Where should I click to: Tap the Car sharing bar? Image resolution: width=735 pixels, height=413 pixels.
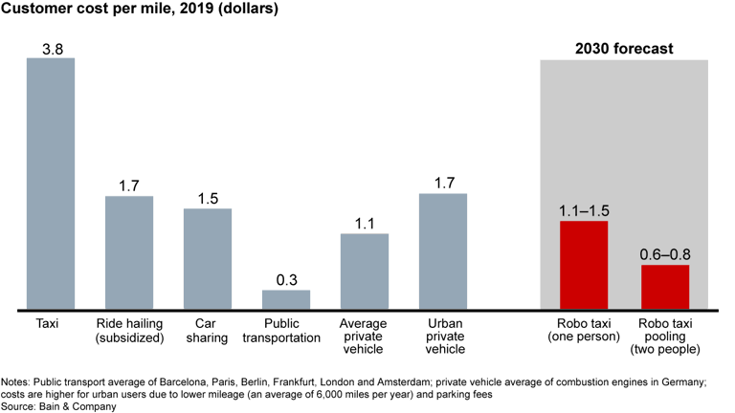(208, 259)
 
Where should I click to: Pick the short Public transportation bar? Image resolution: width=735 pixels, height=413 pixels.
(286, 299)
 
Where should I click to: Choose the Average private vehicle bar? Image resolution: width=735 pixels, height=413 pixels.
(365, 272)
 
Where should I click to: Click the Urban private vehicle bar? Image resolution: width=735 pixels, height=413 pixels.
(443, 251)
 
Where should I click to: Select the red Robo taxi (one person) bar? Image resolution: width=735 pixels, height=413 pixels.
(584, 265)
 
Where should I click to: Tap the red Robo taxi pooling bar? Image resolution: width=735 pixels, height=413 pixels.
(665, 287)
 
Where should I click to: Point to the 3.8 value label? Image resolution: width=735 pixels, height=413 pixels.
(51, 48)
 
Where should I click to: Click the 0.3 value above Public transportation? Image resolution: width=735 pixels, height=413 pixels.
(286, 280)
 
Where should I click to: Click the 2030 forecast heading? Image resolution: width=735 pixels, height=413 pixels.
(623, 48)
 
